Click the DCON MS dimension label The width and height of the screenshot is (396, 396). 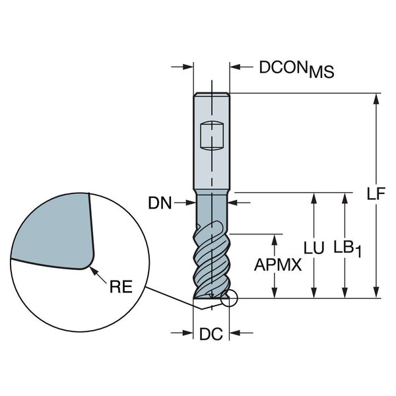[x=297, y=69]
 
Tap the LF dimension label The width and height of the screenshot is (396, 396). [x=376, y=193]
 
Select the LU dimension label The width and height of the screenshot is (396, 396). [x=313, y=247]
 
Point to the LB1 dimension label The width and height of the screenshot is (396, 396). [x=348, y=249]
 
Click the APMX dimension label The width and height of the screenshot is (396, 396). [x=278, y=265]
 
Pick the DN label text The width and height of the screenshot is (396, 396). [x=160, y=203]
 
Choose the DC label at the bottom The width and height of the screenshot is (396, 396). [x=211, y=334]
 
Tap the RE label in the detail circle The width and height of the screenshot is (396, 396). [x=121, y=286]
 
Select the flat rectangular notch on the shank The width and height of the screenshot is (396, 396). [x=212, y=136]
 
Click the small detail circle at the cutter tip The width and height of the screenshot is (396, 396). [x=229, y=298]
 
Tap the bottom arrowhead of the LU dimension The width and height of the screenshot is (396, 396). [x=313, y=292]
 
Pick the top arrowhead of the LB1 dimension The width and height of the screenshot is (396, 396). [x=345, y=199]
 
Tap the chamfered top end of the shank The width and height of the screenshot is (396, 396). [x=212, y=94]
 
